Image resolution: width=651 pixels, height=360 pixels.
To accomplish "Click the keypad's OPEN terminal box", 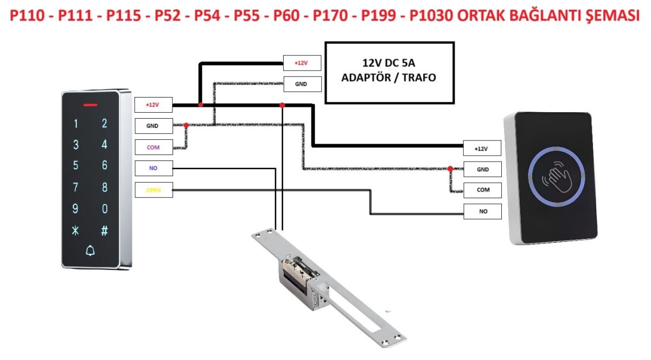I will pos(154,190).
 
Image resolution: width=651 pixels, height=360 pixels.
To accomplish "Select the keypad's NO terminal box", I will pos(154,169).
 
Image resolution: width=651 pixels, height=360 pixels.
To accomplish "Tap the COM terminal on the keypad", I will pos(154,147).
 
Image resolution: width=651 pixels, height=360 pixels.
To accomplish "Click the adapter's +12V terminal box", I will pos(302,63).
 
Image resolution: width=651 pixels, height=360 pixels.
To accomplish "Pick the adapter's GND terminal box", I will pos(302,84).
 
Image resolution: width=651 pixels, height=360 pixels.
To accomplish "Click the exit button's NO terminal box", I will pos(482,211).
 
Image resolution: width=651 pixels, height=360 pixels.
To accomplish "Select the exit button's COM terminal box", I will pos(482,190).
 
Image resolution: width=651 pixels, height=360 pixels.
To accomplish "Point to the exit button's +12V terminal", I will pos(482,148).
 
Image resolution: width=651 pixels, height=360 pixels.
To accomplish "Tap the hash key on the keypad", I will pos(105,230).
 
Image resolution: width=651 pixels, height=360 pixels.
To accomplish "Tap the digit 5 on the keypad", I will pos(76,166).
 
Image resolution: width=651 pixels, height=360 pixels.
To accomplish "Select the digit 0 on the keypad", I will pos(105,209).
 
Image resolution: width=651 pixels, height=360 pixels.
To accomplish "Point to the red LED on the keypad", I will pos(91,105).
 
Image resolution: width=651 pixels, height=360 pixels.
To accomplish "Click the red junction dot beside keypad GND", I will pos(187,125).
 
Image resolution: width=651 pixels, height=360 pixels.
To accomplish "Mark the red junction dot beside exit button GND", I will pos(450,169).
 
